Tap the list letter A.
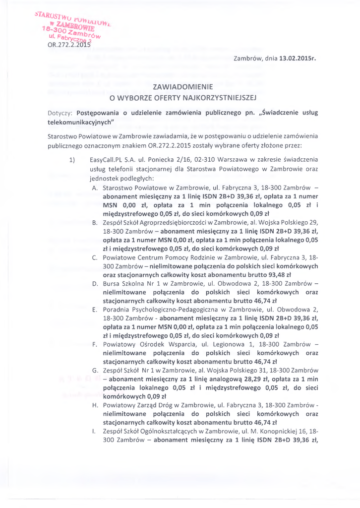pos(95,189)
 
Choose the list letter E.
pos(95,310)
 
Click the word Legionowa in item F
pos(225,344)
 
